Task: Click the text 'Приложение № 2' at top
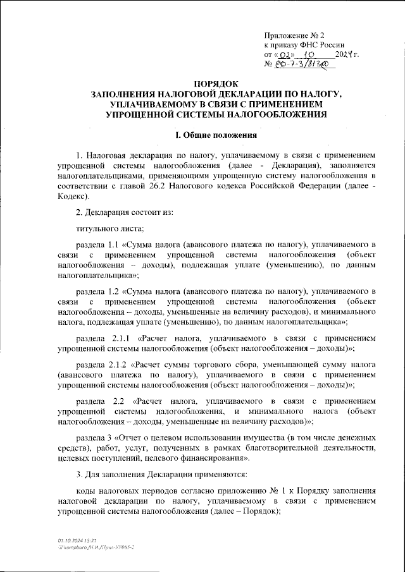click(x=294, y=35)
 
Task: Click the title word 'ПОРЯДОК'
click(x=216, y=83)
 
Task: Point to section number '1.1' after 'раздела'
click(x=115, y=244)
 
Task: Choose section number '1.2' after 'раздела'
click(x=115, y=291)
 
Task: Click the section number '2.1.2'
click(x=118, y=365)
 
